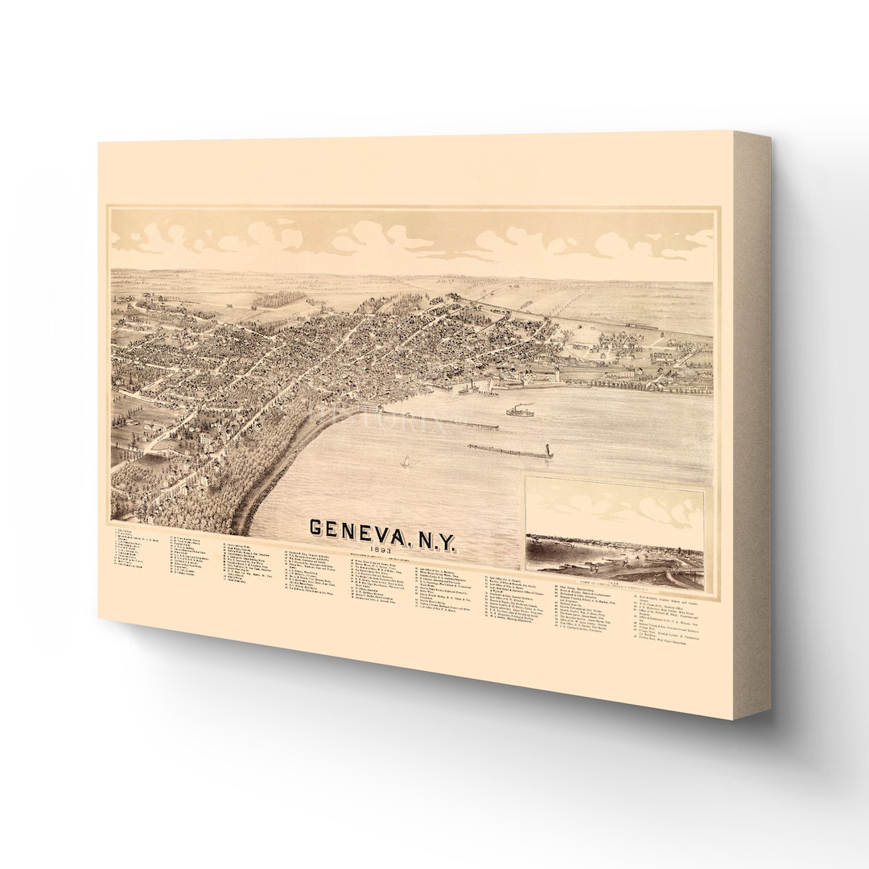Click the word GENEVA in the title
pyautogui.click(x=358, y=529)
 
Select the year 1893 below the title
pyautogui.click(x=372, y=550)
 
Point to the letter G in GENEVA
pyautogui.click(x=318, y=528)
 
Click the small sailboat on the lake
pyautogui.click(x=406, y=462)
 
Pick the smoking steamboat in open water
pyautogui.click(x=519, y=411)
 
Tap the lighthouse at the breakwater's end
pyautogui.click(x=549, y=451)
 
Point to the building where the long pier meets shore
pyautogui.click(x=371, y=407)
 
